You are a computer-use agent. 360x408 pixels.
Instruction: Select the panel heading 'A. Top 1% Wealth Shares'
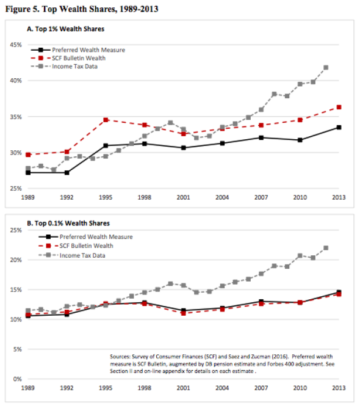65,29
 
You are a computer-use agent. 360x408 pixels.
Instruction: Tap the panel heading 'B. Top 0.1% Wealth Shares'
68,224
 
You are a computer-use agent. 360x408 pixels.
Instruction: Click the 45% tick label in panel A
16,45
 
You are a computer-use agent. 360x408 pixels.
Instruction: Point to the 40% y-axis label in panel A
16,81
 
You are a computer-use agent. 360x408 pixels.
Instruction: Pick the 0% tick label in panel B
18,379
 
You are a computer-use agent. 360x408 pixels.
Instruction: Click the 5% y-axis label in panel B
18,349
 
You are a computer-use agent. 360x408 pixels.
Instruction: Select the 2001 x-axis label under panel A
183,197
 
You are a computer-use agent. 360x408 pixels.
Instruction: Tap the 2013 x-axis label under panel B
339,388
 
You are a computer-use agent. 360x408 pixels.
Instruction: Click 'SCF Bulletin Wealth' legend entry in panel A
79,58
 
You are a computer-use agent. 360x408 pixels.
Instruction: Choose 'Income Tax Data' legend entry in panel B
82,255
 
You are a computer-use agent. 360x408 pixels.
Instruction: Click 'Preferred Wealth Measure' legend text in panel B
96,237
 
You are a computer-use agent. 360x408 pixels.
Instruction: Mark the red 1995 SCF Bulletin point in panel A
106,120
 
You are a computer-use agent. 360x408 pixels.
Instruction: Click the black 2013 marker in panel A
339,127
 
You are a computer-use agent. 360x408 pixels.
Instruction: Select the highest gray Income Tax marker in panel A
326,68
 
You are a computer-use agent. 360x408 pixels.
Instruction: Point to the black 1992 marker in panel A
67,172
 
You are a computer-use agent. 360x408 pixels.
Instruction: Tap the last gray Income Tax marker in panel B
326,248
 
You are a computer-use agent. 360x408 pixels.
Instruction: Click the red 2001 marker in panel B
183,313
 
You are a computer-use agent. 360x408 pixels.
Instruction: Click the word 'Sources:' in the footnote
120,357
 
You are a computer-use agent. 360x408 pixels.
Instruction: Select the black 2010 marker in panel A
300,140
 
